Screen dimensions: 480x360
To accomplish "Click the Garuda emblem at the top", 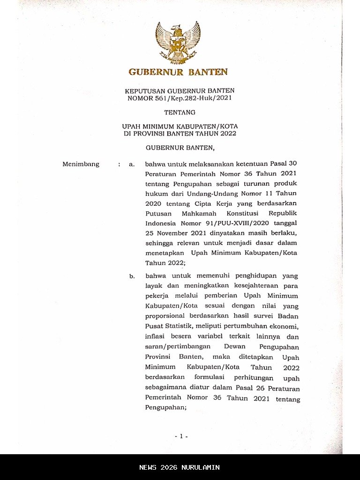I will (x=178, y=42).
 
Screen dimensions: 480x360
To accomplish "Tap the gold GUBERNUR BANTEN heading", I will (x=178, y=72).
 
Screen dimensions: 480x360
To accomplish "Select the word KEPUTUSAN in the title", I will (x=143, y=90).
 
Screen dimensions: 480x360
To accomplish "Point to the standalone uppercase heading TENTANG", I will (x=180, y=112).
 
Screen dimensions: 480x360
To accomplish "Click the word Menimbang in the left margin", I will (x=81, y=164).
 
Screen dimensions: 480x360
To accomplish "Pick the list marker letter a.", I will (x=132, y=165).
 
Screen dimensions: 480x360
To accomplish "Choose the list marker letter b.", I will (x=132, y=276).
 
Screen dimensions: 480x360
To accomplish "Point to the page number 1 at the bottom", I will (x=181, y=436).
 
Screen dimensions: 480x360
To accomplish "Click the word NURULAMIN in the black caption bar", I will (x=202, y=467).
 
